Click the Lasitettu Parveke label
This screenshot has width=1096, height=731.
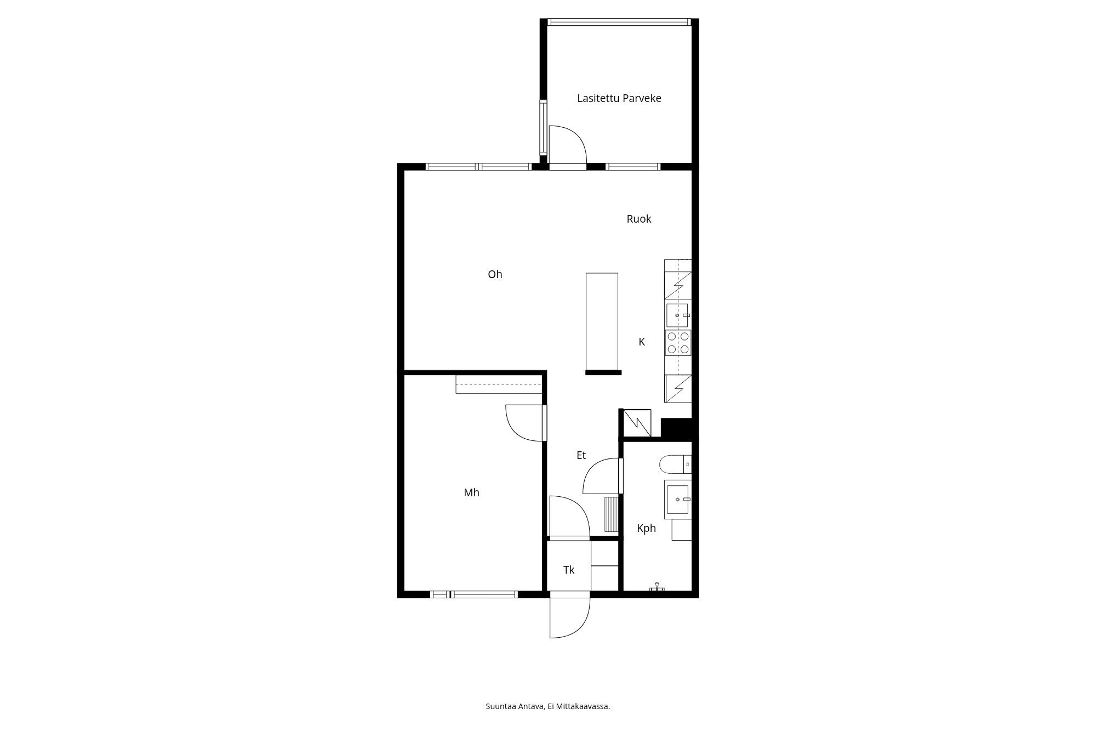click(x=619, y=98)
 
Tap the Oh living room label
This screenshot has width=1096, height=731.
click(x=495, y=274)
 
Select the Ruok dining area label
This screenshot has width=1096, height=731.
click(x=639, y=219)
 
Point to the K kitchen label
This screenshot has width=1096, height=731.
click(x=642, y=342)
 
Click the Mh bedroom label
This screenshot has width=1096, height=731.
click(x=471, y=492)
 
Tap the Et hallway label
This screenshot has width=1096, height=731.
click(x=581, y=455)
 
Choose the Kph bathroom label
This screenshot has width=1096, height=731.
click(x=647, y=528)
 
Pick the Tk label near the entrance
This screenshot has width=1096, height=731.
click(x=569, y=570)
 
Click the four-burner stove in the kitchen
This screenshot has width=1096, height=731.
click(x=678, y=342)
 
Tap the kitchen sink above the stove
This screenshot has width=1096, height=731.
click(x=677, y=315)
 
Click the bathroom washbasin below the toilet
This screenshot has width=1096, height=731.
click(x=678, y=499)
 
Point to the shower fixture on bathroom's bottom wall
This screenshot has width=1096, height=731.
click(x=657, y=587)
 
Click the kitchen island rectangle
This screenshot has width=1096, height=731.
click(x=602, y=322)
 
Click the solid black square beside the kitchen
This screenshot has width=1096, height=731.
click(x=677, y=428)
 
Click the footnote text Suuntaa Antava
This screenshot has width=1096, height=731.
click(x=515, y=706)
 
